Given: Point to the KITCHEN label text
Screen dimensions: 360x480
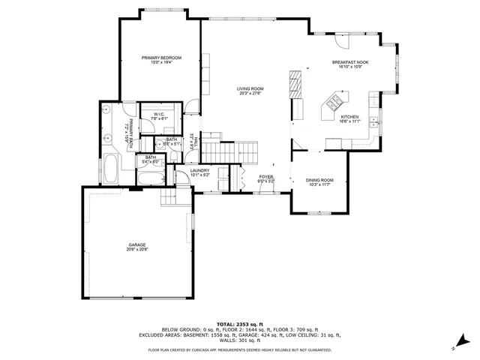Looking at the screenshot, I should pyautogui.click(x=349, y=117).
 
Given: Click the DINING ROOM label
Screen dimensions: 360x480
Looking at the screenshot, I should pyautogui.click(x=319, y=180).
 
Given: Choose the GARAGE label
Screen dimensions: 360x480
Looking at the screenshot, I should pyautogui.click(x=137, y=244).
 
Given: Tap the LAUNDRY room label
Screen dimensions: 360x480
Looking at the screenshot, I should pyautogui.click(x=199, y=171).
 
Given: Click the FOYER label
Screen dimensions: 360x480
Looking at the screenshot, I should pyautogui.click(x=266, y=177).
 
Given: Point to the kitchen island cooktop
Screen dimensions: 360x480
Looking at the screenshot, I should pyautogui.click(x=332, y=102).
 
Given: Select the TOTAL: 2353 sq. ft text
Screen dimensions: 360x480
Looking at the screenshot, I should pyautogui.click(x=239, y=322).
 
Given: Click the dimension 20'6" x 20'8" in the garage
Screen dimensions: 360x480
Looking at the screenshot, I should pyautogui.click(x=137, y=250).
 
